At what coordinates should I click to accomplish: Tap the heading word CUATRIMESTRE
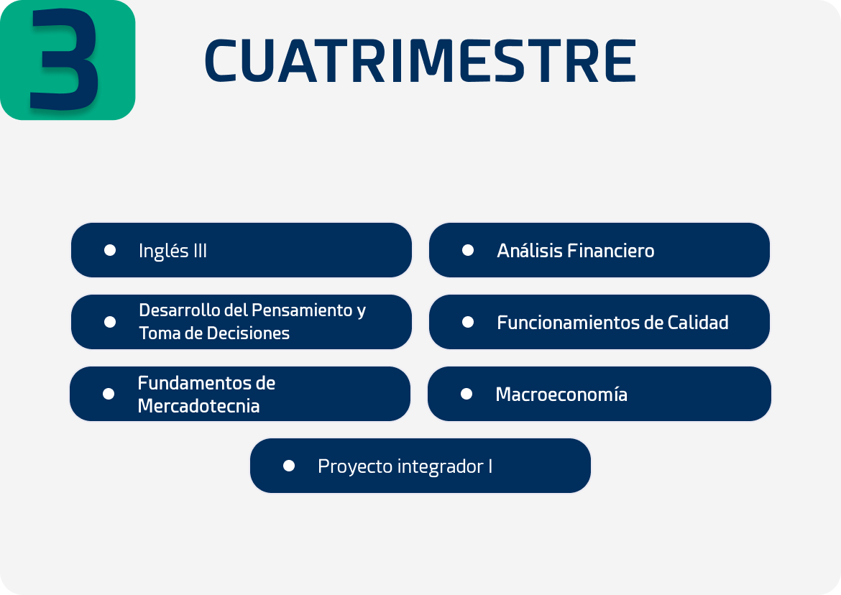tap(420, 61)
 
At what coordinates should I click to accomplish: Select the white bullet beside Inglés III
tap(110, 250)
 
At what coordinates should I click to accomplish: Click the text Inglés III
tap(173, 251)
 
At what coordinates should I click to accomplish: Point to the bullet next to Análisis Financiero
tap(468, 250)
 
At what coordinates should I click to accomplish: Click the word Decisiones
tap(248, 333)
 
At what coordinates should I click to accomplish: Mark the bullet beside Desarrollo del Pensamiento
tap(110, 322)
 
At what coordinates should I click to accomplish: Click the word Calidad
tap(698, 323)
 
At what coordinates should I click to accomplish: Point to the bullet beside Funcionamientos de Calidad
tap(468, 322)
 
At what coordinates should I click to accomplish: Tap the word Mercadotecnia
tap(198, 406)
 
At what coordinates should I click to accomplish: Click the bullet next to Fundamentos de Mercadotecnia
tap(109, 394)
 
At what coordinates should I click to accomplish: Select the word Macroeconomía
tap(561, 394)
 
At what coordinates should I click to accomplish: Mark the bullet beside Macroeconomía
tap(467, 394)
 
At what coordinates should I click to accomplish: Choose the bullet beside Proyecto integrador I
tap(288, 466)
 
